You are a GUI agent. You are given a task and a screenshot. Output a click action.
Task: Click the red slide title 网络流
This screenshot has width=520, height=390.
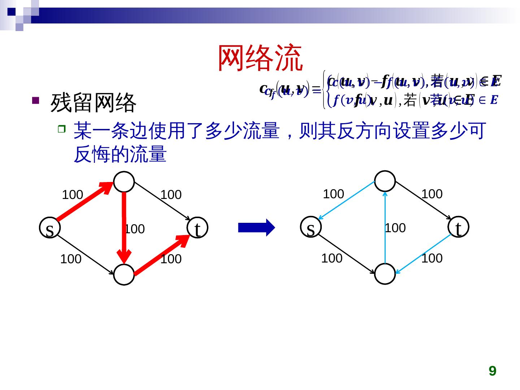pos(260,58)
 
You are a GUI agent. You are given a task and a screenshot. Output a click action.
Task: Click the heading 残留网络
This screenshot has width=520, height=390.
pos(93,103)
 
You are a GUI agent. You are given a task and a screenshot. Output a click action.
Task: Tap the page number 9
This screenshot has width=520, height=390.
pos(492,371)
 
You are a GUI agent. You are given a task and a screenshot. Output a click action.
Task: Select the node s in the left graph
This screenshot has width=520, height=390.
pos(50,228)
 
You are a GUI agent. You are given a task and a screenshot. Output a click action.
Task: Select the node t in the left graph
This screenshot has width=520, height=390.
pos(197,228)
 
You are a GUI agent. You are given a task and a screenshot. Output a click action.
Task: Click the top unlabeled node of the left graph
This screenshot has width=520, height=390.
pos(124,182)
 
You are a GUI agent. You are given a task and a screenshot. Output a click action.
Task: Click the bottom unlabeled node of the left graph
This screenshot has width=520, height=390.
pos(124,275)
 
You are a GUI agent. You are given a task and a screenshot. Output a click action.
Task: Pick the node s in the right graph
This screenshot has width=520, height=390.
pos(311,227)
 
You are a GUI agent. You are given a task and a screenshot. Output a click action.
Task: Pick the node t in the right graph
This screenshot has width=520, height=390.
pos(458,227)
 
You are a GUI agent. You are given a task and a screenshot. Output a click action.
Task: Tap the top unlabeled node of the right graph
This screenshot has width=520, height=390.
pos(385,181)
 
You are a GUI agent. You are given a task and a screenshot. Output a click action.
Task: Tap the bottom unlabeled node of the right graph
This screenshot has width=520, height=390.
pos(385,274)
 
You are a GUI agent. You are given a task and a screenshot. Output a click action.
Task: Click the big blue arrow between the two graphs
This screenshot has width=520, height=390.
pos(256,227)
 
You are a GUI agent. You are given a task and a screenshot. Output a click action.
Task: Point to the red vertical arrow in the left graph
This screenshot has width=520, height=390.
pos(124,227)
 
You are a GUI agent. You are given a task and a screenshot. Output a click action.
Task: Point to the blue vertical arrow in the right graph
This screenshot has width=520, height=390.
pos(385,227)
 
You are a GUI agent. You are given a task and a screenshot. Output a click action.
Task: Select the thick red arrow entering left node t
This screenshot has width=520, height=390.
pos(162,255)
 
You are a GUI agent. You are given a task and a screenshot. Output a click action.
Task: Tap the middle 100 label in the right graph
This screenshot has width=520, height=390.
pos(395,228)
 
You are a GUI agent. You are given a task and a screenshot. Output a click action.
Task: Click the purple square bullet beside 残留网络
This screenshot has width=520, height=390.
pos(35,101)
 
